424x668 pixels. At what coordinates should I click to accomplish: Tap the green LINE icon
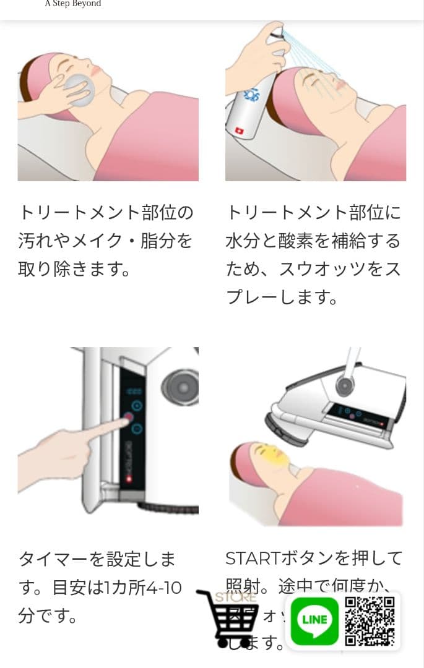click(314, 619)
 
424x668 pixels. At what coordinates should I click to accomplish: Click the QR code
click(370, 621)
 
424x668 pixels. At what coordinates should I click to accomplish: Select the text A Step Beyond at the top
click(73, 4)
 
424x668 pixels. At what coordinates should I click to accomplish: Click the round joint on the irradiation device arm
click(344, 386)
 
